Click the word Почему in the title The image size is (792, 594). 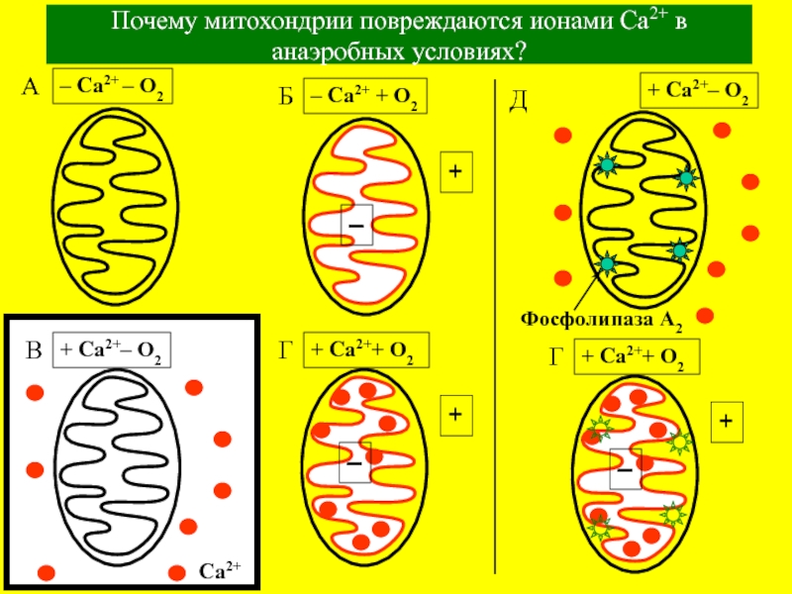coord(151,24)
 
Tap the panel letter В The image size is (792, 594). coord(34,350)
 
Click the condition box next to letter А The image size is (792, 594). coord(112,91)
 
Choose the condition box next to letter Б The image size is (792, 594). coord(365,97)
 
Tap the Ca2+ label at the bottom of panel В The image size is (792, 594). coord(221,570)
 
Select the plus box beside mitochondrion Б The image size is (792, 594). coord(455,172)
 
